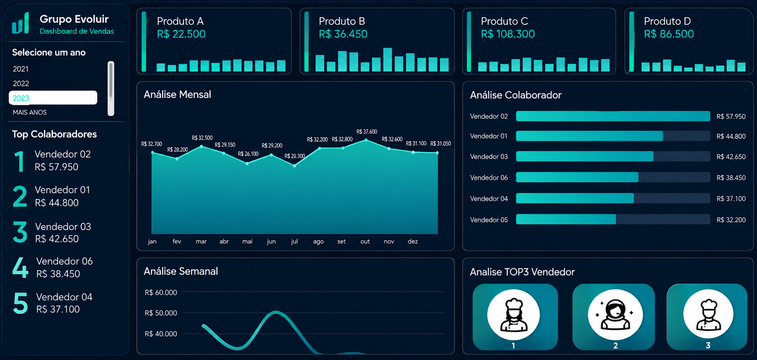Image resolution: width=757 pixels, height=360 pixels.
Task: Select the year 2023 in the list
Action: tap(53, 98)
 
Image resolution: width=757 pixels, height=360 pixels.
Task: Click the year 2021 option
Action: tap(21, 69)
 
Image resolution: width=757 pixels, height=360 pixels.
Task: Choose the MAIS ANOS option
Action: tap(30, 112)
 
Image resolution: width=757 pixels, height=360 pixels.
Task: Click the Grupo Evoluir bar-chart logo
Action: tap(20, 23)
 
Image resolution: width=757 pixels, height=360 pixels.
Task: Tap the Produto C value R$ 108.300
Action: tap(508, 34)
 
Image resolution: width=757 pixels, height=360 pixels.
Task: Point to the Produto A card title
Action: tap(180, 21)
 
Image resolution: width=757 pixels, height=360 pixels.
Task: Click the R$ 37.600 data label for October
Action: tap(367, 132)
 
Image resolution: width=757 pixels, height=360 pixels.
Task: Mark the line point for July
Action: tap(295, 166)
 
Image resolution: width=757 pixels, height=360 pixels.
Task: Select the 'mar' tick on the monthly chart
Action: tap(201, 241)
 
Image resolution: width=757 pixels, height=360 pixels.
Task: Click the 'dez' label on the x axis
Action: tap(413, 241)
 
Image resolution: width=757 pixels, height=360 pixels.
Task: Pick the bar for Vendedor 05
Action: tap(566, 219)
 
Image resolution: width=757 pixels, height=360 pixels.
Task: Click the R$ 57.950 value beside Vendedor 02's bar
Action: tap(731, 117)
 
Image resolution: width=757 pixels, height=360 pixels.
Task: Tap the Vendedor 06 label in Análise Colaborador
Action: tap(489, 178)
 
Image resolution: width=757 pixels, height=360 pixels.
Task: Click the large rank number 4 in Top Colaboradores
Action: tap(20, 267)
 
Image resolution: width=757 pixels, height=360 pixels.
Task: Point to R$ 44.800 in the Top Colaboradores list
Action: tap(57, 203)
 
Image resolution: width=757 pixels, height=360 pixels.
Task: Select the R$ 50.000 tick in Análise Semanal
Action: tap(161, 313)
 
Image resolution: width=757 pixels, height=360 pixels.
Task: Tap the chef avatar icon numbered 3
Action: tap(708, 314)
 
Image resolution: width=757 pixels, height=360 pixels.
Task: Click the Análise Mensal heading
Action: tap(177, 94)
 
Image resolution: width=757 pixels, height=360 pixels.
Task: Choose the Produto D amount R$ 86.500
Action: tap(669, 34)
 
